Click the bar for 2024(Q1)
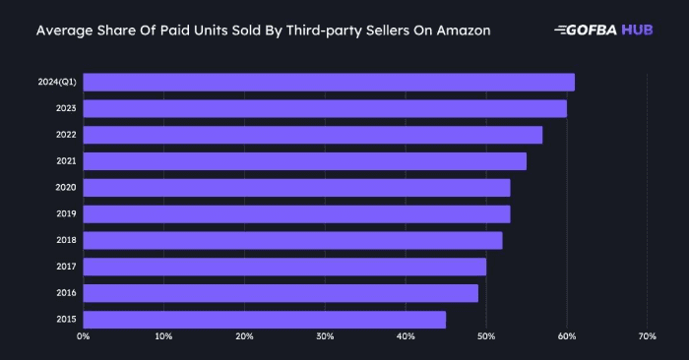[x=329, y=82]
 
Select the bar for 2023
[x=325, y=108]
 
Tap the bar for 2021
[x=305, y=161]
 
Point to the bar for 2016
[x=281, y=293]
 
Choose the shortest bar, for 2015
[x=265, y=320]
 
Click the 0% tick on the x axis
[x=84, y=337]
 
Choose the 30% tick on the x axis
[x=325, y=337]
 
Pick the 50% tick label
[x=486, y=337]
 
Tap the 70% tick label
[x=647, y=337]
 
